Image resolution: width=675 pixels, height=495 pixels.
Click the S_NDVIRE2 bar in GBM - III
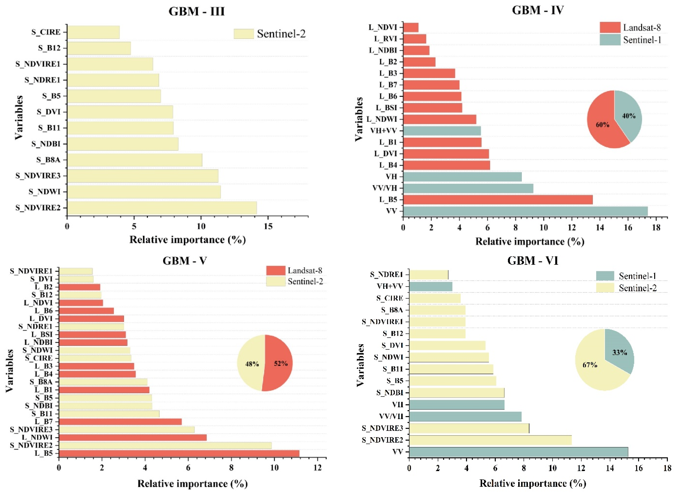(162, 208)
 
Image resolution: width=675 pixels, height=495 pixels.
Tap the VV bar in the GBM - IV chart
(525, 211)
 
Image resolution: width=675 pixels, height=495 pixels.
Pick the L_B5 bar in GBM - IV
(498, 200)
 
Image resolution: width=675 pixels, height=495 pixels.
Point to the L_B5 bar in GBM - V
(179, 453)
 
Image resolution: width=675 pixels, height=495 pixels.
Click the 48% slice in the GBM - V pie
(250, 364)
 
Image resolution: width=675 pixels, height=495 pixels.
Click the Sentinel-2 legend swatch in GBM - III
(244, 34)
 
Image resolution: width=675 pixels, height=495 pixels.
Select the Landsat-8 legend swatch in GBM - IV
(610, 28)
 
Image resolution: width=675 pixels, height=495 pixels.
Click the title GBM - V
(185, 261)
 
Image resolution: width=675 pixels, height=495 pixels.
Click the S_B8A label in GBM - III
(48, 160)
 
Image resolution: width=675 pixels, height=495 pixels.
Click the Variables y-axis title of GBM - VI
(360, 365)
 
